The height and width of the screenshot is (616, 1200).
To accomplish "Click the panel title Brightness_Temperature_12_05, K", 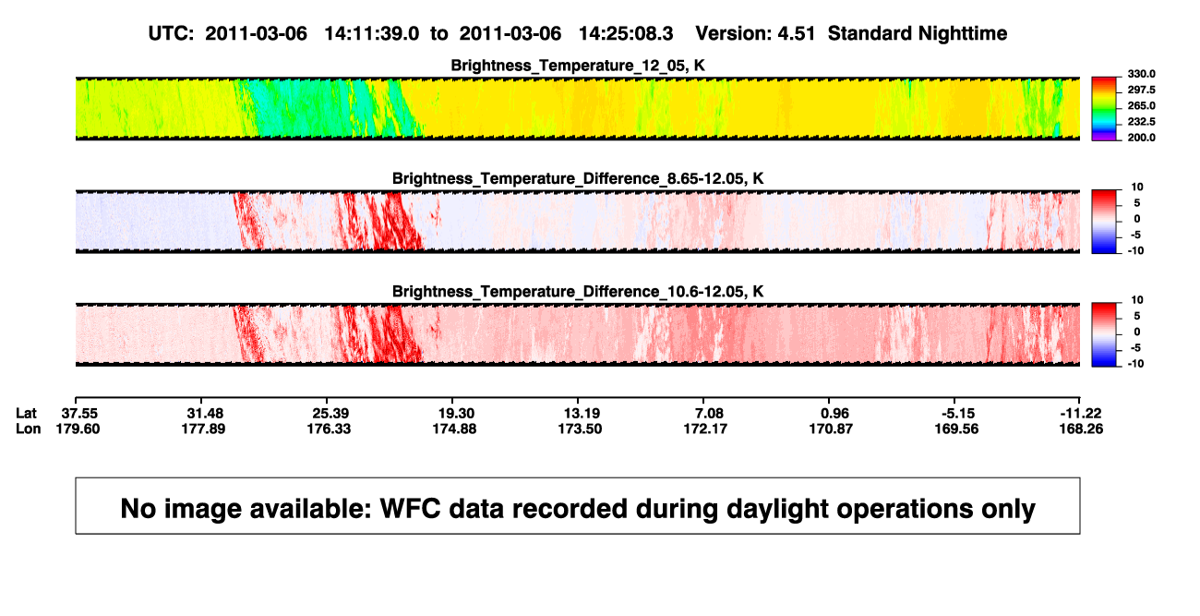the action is click(x=578, y=66).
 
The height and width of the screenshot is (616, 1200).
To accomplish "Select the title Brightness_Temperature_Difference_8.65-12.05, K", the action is click(x=578, y=178).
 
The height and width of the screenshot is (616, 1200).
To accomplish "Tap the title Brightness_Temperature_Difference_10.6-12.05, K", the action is click(x=578, y=292).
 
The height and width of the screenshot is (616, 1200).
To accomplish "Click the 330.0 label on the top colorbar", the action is click(x=1141, y=74).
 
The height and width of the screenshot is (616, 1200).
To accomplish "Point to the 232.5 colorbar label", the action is click(x=1141, y=122).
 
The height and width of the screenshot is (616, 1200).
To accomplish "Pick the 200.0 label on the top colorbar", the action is click(x=1141, y=138).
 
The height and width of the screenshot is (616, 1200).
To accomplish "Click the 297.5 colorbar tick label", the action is click(x=1141, y=90).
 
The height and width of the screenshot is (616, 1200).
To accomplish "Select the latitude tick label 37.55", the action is click(x=79, y=414).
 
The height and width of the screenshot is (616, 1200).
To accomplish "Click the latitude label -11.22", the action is click(x=1080, y=414).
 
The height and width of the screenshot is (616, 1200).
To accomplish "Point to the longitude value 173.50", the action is click(x=580, y=429).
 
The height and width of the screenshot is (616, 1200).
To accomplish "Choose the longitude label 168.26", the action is click(x=1081, y=429).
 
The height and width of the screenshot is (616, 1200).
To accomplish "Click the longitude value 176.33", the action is click(x=329, y=429).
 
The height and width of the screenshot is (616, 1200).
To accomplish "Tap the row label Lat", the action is click(x=26, y=414).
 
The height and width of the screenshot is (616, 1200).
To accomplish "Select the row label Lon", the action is click(x=28, y=429).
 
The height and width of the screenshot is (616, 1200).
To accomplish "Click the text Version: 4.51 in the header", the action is click(x=755, y=33).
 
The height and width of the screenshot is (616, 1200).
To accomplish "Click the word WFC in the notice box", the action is click(x=410, y=508).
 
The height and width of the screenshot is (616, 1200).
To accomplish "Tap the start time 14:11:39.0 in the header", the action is click(x=372, y=33).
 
